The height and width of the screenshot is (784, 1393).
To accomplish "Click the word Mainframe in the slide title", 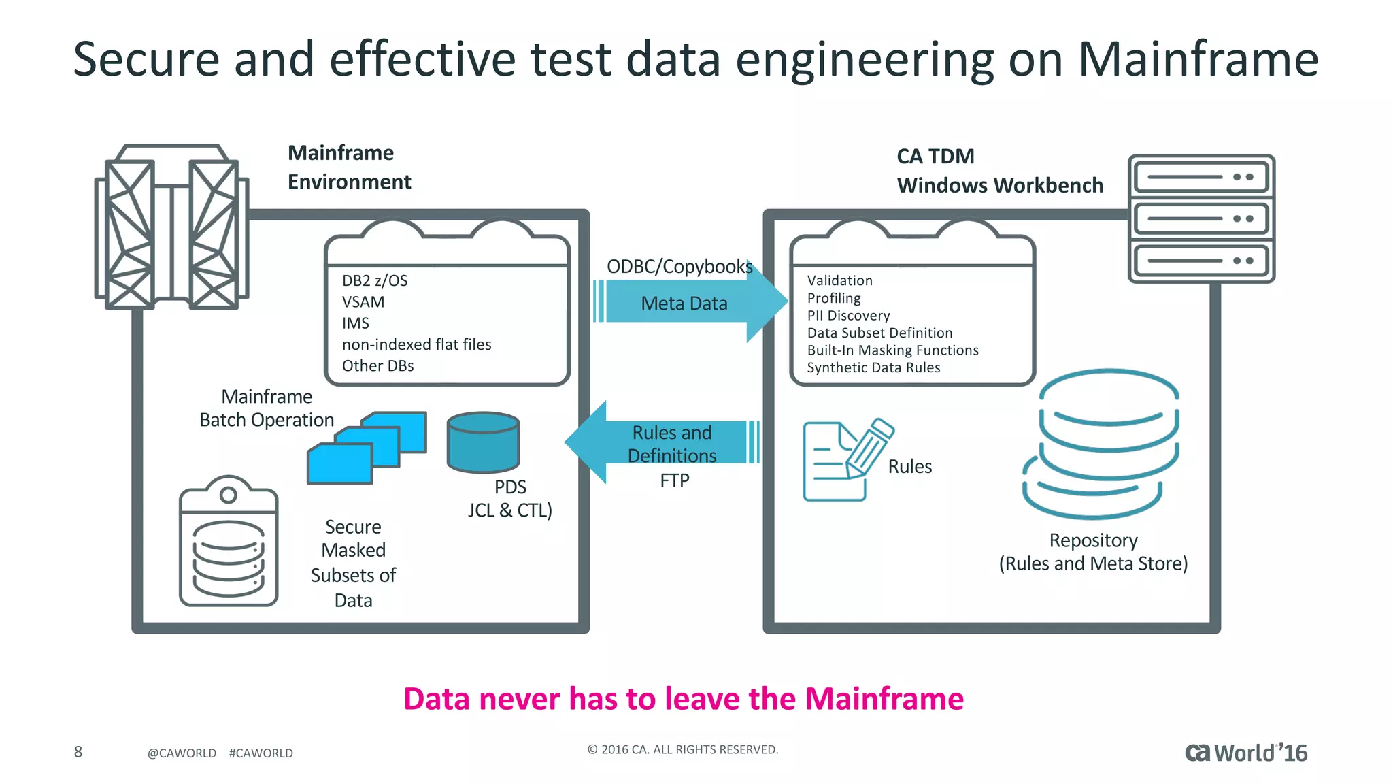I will [x=1198, y=59].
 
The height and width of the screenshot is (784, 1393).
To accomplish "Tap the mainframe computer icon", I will [x=171, y=227].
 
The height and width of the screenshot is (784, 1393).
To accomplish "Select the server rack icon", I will [x=1201, y=218].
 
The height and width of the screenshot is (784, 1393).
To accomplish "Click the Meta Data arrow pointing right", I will [x=687, y=302].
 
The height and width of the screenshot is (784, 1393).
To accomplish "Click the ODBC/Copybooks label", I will [x=679, y=266].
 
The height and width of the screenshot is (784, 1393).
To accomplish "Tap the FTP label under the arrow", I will [x=674, y=480].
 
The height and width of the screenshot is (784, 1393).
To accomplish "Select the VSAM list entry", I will [x=363, y=301].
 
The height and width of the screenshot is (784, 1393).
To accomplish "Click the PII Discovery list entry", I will [x=848, y=316].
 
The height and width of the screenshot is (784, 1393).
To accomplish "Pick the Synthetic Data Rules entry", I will [x=873, y=367].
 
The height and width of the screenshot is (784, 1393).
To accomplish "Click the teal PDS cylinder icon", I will [x=483, y=442].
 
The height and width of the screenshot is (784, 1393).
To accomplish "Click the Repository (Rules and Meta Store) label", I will [x=1093, y=552].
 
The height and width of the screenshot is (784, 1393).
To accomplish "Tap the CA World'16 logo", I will [x=1245, y=753].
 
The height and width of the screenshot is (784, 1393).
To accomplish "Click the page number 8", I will [x=78, y=751].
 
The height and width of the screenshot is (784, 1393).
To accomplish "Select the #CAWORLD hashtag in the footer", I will [x=261, y=753].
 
